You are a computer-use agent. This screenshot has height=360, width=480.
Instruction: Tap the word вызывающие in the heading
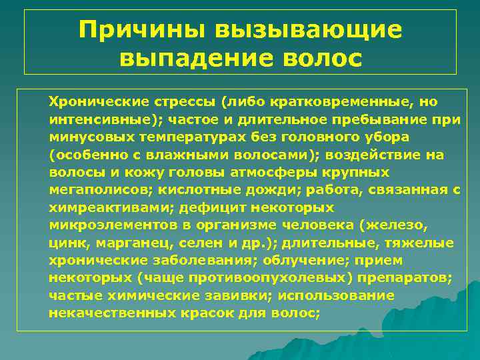[309, 30]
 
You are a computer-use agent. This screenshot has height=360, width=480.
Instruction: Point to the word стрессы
[185, 103]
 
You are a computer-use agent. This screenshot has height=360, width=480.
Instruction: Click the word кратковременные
[342, 103]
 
